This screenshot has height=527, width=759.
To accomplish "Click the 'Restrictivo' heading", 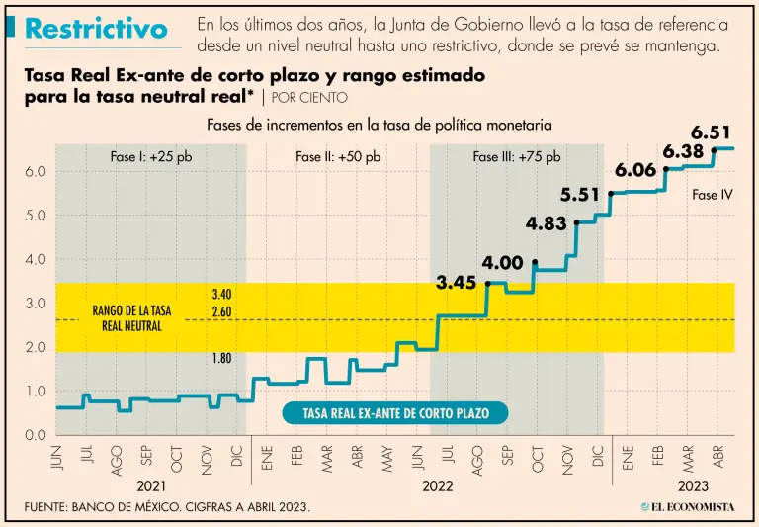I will (x=96, y=29).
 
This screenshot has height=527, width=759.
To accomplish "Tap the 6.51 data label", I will (x=711, y=132).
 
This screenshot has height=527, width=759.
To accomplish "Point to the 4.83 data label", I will (x=546, y=223).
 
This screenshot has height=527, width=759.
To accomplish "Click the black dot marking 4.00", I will (x=535, y=262).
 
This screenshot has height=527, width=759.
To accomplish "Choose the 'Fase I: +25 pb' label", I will (x=151, y=157).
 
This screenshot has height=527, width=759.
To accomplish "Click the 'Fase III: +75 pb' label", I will (x=516, y=157).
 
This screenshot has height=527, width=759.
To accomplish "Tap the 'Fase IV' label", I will (x=712, y=195).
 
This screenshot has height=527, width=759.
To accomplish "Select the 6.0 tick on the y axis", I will (x=35, y=171).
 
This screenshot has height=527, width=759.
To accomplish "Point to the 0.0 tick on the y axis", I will (x=35, y=435).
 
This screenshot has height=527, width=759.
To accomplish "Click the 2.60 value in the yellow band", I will (x=221, y=313).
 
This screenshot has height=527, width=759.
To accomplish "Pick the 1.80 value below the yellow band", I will (x=221, y=359).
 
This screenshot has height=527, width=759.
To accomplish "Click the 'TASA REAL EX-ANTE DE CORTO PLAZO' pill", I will (x=396, y=413).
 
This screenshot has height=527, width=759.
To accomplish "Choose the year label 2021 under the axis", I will (x=150, y=487).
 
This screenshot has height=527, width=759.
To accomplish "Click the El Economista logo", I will (x=686, y=507).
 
